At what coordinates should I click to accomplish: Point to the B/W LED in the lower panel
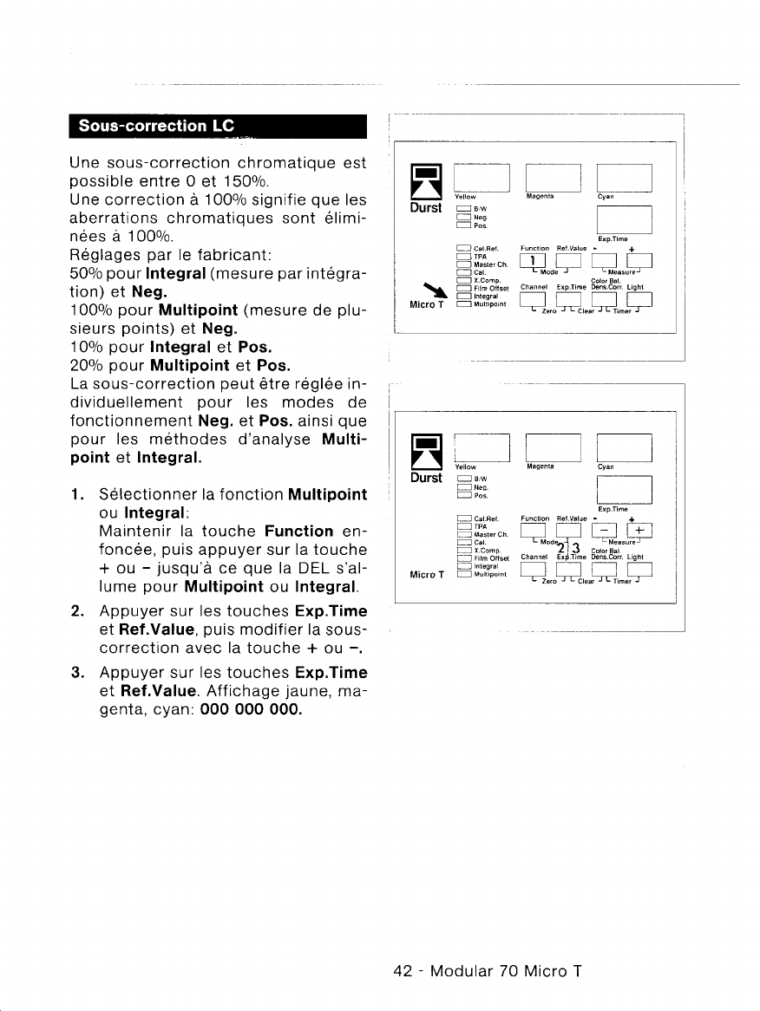pos(462,477)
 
